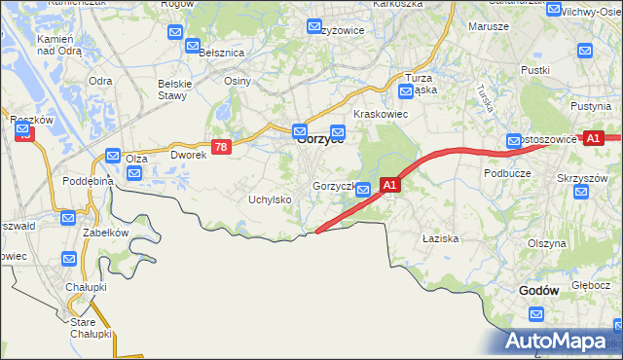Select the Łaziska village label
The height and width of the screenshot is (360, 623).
coord(440,237)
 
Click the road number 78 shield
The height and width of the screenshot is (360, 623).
coord(222,147)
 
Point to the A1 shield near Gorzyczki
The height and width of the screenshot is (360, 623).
coord(389,184)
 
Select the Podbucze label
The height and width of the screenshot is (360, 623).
coord(506,172)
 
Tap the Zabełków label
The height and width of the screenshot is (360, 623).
coord(105,233)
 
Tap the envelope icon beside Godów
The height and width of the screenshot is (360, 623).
coord(536,314)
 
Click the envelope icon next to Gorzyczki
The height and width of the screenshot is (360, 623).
coord(362,190)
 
